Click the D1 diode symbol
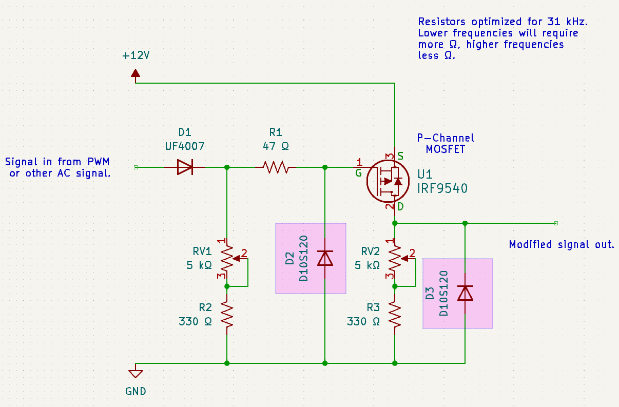(184, 167)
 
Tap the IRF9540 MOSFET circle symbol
(388, 181)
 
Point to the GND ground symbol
(136, 374)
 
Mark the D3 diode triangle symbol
(465, 293)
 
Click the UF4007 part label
(185, 146)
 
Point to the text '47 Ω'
(276, 146)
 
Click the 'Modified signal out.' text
(562, 244)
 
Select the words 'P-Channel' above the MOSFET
(445, 138)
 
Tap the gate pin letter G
(358, 173)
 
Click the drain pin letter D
(400, 206)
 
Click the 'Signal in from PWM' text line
(57, 162)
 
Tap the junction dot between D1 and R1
(227, 167)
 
